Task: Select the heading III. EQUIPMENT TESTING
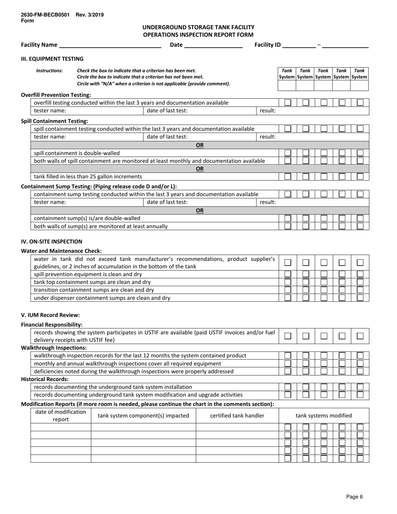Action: [52, 59]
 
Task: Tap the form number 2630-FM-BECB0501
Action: [45, 15]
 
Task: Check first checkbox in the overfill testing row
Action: [288, 103]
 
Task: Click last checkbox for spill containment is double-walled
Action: [360, 153]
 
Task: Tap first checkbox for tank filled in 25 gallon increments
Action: [288, 176]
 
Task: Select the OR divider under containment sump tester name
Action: [200, 211]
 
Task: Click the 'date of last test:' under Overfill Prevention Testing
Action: [167, 111]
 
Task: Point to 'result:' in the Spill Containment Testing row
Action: [267, 137]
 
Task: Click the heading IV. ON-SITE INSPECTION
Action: [52, 242]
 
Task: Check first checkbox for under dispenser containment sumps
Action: [288, 298]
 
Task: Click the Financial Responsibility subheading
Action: [52, 325]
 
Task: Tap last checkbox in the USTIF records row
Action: [360, 336]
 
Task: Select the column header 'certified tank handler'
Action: [237, 415]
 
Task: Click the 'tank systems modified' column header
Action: [323, 415]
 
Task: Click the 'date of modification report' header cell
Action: [61, 415]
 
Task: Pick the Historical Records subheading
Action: [45, 379]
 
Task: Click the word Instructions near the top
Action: [49, 71]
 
